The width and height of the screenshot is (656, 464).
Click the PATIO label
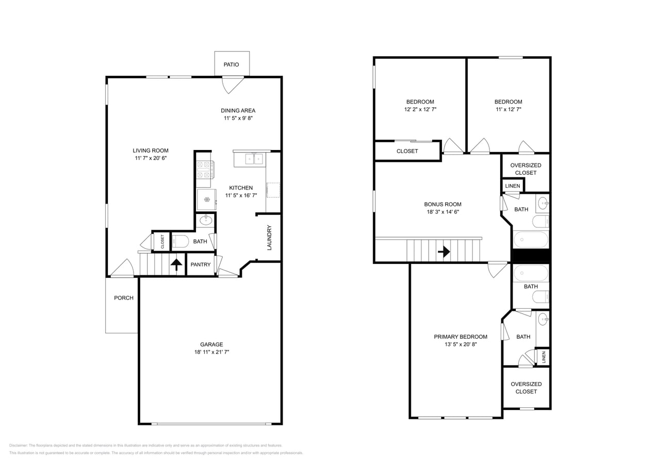coord(231,65)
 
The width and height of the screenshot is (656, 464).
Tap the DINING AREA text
coord(238,110)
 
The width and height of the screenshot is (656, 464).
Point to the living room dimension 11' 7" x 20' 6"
coord(151,158)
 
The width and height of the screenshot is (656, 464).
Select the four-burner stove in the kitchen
coord(204,169)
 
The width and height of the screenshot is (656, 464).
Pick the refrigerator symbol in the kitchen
coord(206,199)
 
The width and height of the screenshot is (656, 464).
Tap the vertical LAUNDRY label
coord(269,238)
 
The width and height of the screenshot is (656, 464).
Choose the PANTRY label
coord(201,264)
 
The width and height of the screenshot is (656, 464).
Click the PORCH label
coord(124,298)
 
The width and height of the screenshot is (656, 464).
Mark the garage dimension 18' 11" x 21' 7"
coord(211,352)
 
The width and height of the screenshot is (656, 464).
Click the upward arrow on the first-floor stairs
coord(176,264)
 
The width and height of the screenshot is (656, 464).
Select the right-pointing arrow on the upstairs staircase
coord(444,252)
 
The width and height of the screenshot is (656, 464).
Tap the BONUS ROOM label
coord(442,204)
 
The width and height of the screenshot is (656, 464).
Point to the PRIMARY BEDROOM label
coord(460,337)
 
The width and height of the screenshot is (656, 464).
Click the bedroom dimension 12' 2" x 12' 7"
coord(420,109)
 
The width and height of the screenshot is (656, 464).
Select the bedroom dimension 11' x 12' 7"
coord(508,109)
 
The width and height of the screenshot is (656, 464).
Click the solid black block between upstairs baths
coord(531,256)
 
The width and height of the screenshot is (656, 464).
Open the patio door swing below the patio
coord(232,84)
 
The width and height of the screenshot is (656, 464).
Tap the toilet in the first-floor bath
coord(180,241)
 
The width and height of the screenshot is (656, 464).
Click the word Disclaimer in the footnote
coord(18,445)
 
